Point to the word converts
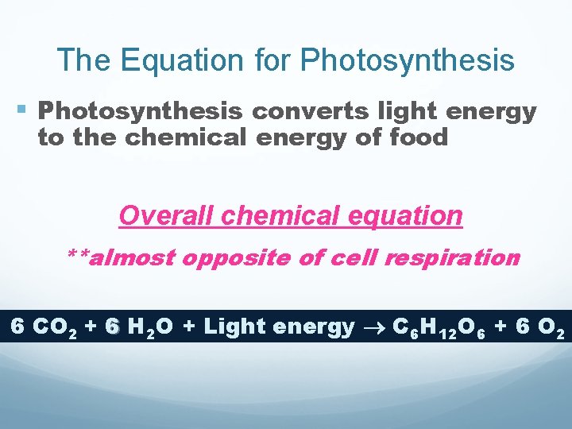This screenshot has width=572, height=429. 297,111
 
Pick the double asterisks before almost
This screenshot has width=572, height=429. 78,257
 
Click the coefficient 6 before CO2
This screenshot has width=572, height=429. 17,326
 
